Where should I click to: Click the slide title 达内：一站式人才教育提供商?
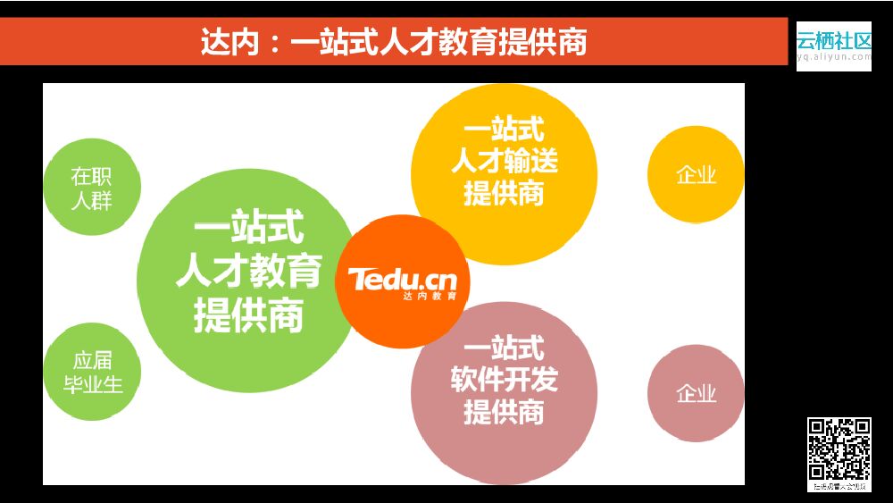pos(394,43)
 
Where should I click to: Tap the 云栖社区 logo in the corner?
pos(833,41)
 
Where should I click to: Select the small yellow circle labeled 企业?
pos(696,174)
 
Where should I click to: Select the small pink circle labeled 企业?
pos(696,393)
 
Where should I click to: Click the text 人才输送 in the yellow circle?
pos(504,161)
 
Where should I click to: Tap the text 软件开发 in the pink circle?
pos(504,380)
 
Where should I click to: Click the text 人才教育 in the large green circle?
pos(248,271)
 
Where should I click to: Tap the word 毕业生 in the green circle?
pos(92,385)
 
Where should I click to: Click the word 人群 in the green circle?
pos(92,198)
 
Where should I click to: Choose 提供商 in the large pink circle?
pos(504,412)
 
